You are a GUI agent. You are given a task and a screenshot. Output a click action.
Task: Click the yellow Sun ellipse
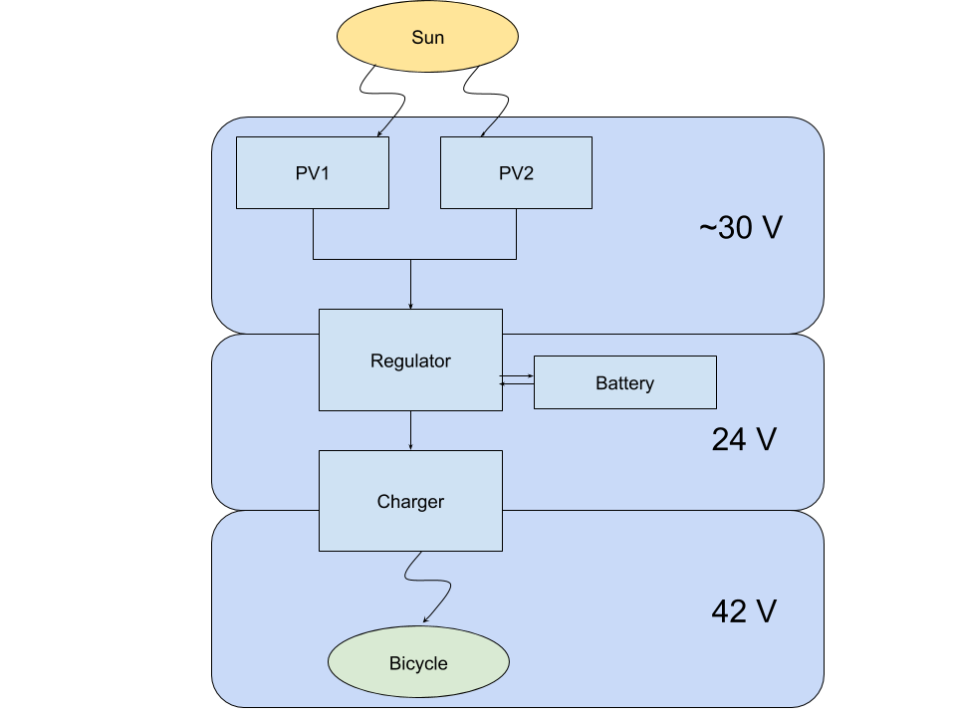[x=428, y=38]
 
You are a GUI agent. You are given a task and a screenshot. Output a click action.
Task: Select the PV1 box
[x=312, y=172]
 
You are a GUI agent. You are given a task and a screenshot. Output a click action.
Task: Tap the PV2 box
[x=516, y=172]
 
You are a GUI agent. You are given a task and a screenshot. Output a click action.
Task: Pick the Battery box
[x=624, y=382]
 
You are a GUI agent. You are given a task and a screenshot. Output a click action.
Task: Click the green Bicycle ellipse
[x=418, y=662]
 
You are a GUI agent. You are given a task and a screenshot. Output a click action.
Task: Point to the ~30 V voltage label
[x=740, y=228]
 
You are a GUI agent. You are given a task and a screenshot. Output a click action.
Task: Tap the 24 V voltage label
[x=743, y=439]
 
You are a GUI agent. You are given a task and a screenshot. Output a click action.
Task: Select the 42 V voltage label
[x=743, y=610]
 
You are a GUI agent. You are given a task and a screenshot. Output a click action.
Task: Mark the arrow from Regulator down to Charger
[x=410, y=430]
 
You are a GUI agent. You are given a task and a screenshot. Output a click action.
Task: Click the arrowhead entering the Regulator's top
[x=410, y=305]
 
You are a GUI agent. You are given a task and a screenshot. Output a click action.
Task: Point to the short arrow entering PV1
[x=385, y=126]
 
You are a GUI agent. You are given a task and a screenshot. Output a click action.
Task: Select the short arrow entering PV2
[x=489, y=126]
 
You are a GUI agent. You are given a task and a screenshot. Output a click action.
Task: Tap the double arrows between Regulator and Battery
[x=518, y=379]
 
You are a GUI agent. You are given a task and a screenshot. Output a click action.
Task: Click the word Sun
[x=428, y=38]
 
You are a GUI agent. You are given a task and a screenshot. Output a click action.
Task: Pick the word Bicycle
[x=418, y=663]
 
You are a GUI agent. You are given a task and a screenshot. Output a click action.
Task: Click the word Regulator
[x=410, y=360]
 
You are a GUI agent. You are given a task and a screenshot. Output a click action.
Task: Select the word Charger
[x=410, y=501]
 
